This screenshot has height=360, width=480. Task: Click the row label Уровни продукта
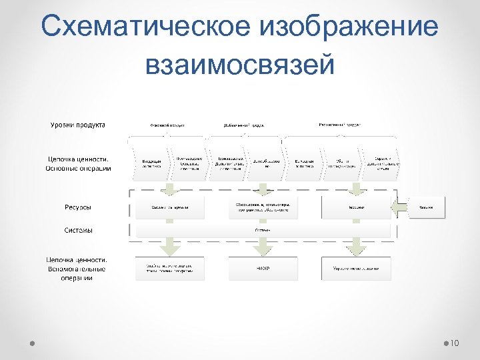click(x=78, y=125)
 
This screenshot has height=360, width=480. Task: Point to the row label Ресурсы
click(x=78, y=207)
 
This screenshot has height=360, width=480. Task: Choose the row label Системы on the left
click(x=78, y=230)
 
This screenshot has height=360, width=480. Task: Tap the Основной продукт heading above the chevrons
click(x=167, y=125)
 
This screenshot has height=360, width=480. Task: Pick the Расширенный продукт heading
click(x=340, y=125)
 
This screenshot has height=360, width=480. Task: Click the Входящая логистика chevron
click(x=151, y=163)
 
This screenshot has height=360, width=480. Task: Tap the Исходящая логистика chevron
click(x=305, y=163)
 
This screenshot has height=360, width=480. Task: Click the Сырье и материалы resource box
click(x=169, y=207)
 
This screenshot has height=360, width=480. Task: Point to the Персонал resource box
click(x=356, y=207)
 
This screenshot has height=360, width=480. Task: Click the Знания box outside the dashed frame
click(x=426, y=207)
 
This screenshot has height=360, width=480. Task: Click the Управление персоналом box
click(x=356, y=269)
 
